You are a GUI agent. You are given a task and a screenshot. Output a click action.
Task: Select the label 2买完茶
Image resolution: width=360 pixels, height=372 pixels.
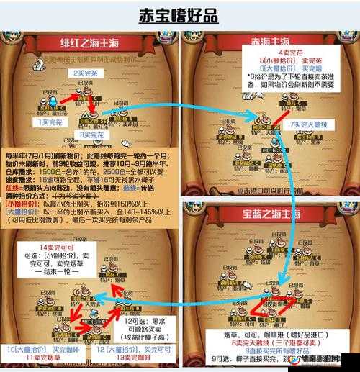(85, 73)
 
